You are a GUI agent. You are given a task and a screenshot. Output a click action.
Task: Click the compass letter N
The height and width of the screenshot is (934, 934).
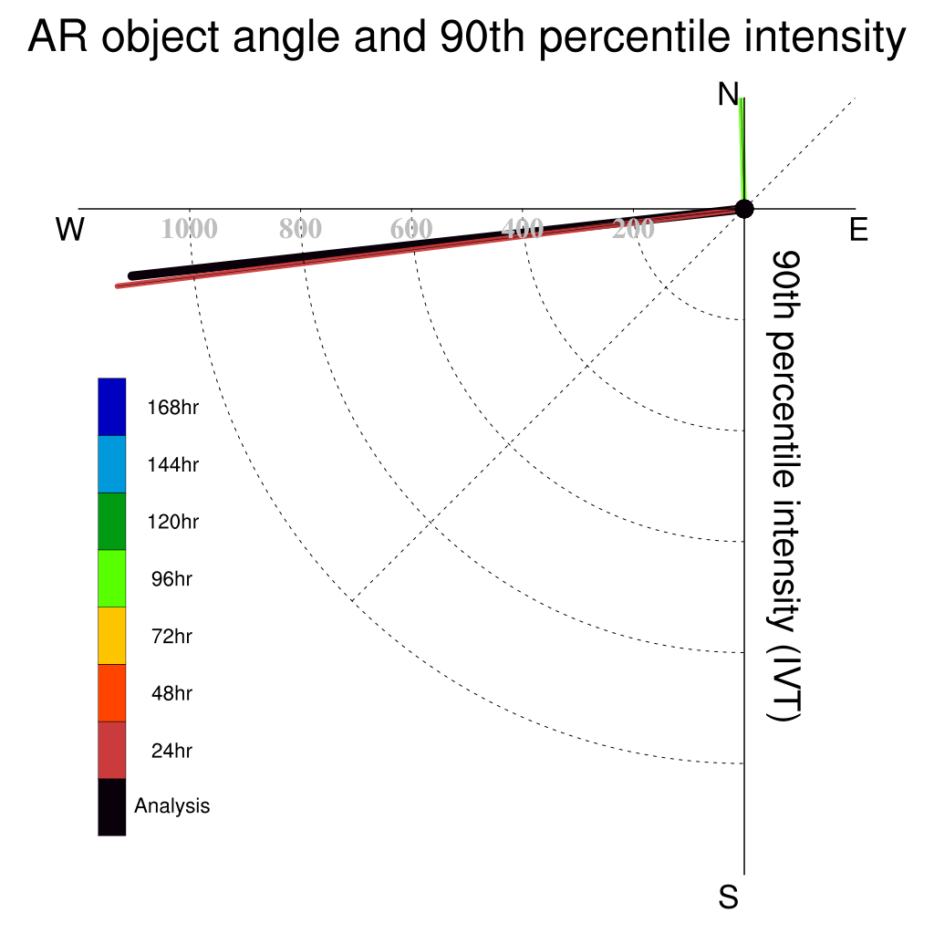728,94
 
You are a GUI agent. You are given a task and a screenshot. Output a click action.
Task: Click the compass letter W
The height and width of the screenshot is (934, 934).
69,229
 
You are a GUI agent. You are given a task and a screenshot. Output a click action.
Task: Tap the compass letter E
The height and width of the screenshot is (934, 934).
858,229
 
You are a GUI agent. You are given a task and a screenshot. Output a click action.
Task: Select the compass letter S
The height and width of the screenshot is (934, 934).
729,897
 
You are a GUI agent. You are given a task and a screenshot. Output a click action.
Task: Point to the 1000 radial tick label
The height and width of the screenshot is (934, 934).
190,229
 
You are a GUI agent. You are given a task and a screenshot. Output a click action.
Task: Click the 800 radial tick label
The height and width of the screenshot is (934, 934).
300,229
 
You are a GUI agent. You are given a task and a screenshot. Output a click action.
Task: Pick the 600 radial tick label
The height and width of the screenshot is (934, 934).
411,229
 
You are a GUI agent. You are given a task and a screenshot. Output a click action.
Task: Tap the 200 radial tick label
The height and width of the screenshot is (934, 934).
633,229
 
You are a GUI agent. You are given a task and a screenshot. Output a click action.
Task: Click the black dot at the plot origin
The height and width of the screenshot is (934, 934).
744,209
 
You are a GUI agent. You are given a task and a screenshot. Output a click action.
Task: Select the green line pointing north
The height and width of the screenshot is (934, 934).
742,150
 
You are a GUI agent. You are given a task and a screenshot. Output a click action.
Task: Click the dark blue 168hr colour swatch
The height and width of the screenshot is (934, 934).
112,407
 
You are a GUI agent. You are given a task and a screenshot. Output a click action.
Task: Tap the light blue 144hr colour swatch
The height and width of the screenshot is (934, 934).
112,464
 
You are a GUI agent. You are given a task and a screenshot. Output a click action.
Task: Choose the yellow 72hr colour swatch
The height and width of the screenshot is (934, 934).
112,636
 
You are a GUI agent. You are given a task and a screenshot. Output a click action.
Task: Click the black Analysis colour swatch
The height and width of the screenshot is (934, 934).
112,807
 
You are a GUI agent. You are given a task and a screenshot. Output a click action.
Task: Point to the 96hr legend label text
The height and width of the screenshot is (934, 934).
171,579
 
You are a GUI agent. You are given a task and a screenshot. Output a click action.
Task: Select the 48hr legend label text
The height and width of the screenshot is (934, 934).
171,693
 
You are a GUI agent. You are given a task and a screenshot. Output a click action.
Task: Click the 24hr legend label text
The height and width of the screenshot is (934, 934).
171,751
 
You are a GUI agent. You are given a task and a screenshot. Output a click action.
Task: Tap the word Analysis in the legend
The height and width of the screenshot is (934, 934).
172,806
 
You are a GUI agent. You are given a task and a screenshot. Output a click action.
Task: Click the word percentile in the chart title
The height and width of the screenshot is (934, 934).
635,36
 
